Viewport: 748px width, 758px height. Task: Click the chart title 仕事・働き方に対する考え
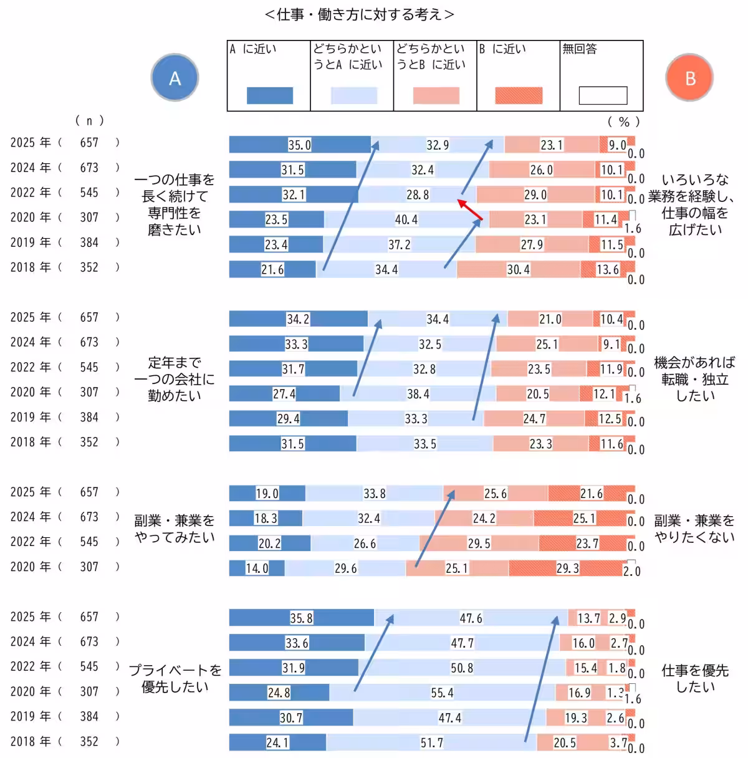359,14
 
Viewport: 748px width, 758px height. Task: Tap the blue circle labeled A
175,78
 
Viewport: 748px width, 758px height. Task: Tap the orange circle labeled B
689,79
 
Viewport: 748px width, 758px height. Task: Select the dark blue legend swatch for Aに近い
269,95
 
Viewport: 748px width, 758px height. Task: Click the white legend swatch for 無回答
602,95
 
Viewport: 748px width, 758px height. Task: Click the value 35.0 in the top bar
299,145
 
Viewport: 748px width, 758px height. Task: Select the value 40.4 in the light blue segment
406,219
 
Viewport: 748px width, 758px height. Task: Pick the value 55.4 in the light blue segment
442,693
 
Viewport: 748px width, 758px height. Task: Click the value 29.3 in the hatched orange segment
567,568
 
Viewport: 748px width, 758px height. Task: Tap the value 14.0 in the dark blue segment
257,568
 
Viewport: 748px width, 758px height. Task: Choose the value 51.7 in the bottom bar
431,742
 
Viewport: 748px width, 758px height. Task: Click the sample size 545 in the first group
89,193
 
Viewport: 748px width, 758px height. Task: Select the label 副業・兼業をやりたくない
694,529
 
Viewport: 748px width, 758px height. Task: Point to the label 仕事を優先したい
694,678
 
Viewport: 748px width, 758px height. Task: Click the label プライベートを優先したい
175,678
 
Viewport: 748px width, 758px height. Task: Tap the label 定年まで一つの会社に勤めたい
175,379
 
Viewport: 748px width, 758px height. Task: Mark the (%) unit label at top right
623,122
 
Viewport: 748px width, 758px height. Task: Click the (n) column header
89,120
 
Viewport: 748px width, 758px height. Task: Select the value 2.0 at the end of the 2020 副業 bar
631,571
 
